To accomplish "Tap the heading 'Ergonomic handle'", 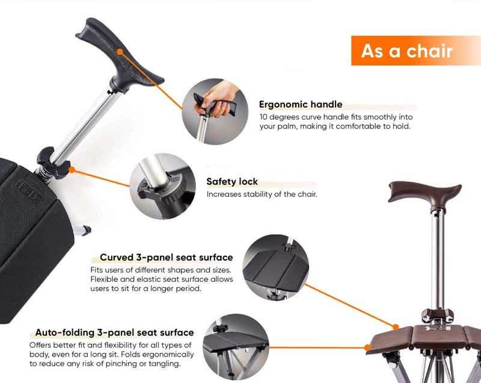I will pos(301,104).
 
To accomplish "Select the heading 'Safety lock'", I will pos(232,181).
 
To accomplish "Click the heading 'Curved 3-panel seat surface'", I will pos(167,257).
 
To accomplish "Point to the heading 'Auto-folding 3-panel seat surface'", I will pos(114,332).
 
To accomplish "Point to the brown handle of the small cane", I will pos(424,192).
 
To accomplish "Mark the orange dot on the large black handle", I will pos(120,52).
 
